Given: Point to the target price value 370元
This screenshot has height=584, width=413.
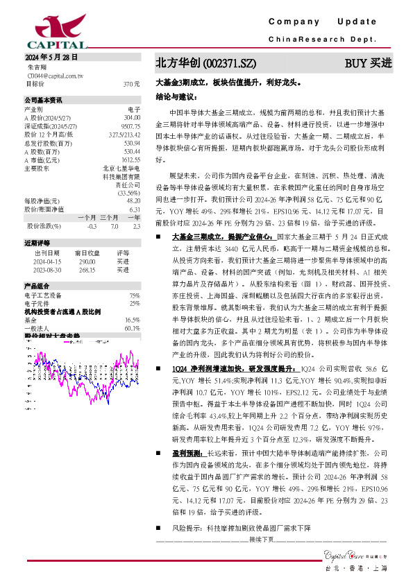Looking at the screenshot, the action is pyautogui.click(x=131, y=84).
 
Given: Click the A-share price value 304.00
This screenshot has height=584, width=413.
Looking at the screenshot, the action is pyautogui.click(x=132, y=117).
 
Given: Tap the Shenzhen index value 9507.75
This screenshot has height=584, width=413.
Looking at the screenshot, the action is pyautogui.click(x=130, y=126).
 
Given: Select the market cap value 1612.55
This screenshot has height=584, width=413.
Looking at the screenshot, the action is pyautogui.click(x=131, y=159).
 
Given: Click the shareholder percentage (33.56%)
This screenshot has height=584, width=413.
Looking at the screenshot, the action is pyautogui.click(x=127, y=192).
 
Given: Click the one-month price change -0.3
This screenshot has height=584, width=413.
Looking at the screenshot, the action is pyautogui.click(x=92, y=226).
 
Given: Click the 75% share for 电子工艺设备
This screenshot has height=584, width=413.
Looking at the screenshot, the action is pyautogui.click(x=135, y=295).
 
